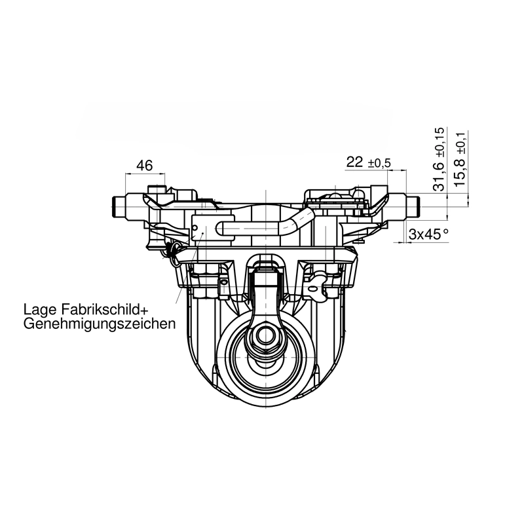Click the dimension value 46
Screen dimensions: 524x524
tap(145, 165)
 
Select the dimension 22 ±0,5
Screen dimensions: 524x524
tap(368, 162)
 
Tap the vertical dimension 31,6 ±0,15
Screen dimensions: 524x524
tap(440, 159)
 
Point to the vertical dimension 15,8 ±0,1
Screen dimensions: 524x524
tap(460, 159)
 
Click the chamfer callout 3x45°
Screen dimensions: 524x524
tap(429, 234)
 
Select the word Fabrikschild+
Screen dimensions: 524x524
tap(104, 309)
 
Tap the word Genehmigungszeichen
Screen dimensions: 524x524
tap(100, 324)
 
